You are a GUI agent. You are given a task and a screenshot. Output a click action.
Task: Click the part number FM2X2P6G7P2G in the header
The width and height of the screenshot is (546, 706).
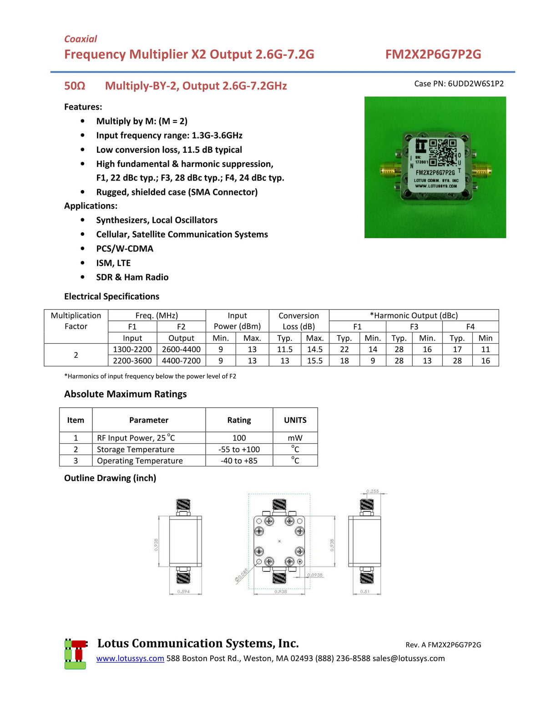433,55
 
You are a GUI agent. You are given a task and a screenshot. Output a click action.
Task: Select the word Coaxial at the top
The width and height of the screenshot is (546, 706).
81,39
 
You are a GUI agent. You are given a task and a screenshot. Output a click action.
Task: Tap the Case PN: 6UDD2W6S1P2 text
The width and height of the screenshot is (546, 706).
459,84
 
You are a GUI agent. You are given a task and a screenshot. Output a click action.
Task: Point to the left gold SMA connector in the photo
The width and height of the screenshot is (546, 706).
389,171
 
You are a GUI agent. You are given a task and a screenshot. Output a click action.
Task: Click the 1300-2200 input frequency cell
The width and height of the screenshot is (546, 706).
132,349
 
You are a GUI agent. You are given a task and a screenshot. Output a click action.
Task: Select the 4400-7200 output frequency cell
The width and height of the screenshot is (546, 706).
181,361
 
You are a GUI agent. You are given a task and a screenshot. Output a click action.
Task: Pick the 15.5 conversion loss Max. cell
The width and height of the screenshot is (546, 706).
314,361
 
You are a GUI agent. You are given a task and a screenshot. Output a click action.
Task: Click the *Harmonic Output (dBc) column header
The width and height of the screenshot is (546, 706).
414,315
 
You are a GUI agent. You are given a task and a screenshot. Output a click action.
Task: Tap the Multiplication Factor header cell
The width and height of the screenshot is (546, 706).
76,321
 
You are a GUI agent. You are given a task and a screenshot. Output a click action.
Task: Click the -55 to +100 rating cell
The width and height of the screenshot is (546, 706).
239,449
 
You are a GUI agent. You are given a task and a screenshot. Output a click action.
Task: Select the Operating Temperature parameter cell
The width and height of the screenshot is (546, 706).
140,461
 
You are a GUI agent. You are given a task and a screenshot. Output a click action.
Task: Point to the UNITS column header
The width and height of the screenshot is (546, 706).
295,420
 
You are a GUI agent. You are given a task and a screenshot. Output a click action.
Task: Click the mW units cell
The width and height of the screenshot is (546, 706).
295,438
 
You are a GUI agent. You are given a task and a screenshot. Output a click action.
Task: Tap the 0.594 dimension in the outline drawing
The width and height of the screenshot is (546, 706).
183,591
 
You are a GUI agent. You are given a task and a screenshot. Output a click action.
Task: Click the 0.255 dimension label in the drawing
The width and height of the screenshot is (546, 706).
373,491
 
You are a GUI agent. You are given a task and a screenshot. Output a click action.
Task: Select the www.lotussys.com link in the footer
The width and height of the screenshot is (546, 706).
130,658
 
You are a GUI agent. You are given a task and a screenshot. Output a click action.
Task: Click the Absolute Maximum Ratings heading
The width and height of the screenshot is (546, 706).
125,394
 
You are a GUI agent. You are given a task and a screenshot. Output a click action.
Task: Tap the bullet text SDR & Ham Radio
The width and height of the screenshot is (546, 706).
132,277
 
